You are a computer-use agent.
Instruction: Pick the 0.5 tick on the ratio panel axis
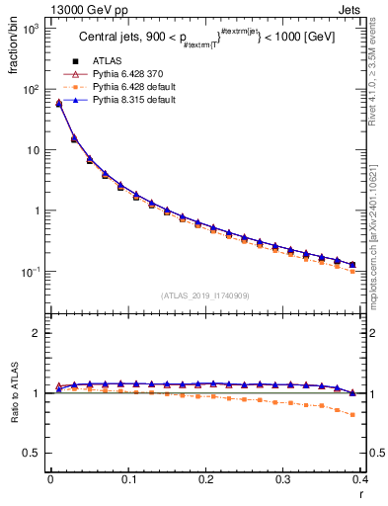[x=32, y=453]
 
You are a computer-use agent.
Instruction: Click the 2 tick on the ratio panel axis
[x=37, y=333]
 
